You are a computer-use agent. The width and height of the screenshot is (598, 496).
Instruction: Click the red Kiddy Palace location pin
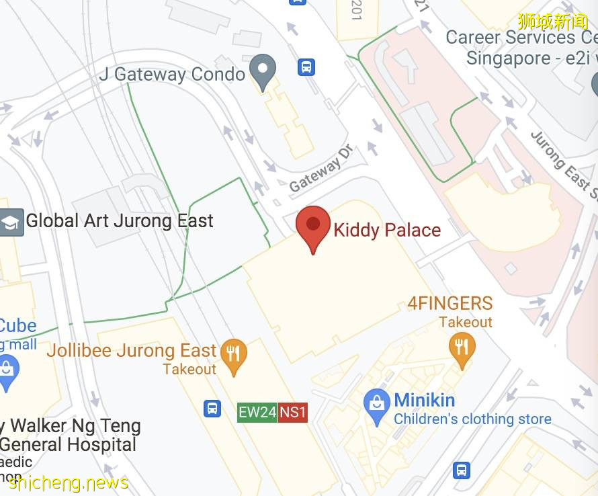click(x=313, y=226)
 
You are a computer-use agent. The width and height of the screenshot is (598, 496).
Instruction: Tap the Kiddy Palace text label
click(x=387, y=230)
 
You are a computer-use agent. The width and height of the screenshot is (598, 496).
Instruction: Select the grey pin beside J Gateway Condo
click(x=262, y=69)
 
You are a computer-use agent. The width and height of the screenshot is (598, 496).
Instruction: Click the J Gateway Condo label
click(x=172, y=74)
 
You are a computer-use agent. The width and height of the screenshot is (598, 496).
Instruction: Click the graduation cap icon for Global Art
click(x=11, y=222)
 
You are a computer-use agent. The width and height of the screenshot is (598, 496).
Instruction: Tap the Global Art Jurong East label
click(x=120, y=221)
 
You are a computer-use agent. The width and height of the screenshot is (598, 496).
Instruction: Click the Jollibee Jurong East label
click(x=132, y=351)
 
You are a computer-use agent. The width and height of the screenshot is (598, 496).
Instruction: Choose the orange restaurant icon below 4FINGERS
click(x=462, y=347)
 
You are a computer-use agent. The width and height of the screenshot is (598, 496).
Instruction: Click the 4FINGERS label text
click(x=450, y=303)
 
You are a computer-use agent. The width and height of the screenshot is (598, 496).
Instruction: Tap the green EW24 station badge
click(x=257, y=412)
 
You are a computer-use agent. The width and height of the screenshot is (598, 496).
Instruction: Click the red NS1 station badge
click(x=293, y=412)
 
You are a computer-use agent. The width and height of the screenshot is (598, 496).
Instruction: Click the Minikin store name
click(x=424, y=401)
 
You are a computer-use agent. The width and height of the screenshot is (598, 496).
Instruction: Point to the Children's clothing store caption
click(x=472, y=419)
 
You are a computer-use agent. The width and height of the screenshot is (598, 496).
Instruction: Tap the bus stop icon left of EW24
click(x=212, y=408)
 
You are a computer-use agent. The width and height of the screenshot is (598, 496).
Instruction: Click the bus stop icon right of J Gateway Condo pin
click(x=306, y=67)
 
